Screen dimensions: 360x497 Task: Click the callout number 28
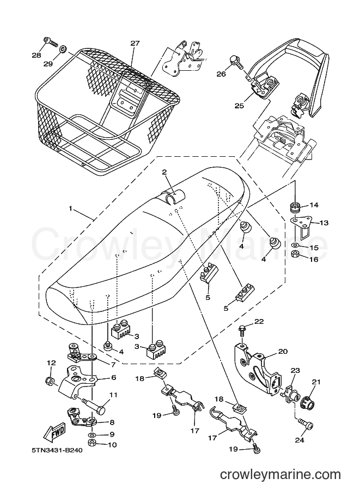pos(36,55)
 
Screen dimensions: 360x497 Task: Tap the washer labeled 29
pos(63,49)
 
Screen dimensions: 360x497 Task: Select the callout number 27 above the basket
pos(135,44)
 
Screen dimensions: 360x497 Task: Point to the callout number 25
pos(240,106)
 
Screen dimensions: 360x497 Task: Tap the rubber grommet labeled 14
pos(296,208)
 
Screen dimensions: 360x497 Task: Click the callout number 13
pos(324,223)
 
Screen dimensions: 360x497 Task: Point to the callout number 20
pos(283,352)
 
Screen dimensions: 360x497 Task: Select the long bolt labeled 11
pos(94,407)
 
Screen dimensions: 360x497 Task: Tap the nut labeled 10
pos(92,443)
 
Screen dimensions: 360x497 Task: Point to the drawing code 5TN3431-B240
pos(57,450)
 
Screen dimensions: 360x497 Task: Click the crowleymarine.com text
pos(280,475)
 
